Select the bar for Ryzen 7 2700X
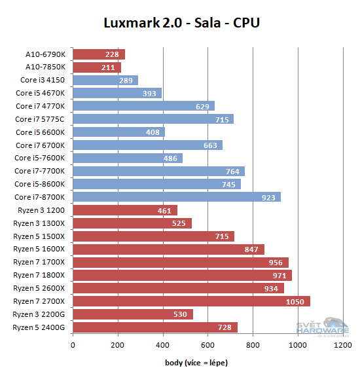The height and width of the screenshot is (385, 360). coord(191,301)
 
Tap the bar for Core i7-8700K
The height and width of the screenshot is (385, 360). coord(177,197)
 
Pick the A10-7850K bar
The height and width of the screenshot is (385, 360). coord(97,67)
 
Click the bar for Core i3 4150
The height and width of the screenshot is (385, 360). coord(105,80)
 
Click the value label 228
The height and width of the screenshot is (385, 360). coord(111,54)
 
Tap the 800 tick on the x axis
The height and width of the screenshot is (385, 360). coord(253,345)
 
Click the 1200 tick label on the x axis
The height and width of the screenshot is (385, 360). coord(342,345)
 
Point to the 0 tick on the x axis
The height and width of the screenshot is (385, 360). coord(73,345)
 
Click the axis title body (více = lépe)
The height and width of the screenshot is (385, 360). coord(197,362)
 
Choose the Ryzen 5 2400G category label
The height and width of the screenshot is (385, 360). coord(39,327)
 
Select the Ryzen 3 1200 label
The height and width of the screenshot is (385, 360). coord(42,210)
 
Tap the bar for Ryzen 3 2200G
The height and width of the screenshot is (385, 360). coord(133,314)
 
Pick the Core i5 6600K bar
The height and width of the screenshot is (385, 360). coord(119,132)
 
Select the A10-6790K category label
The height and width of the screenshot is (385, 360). coord(45,54)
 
